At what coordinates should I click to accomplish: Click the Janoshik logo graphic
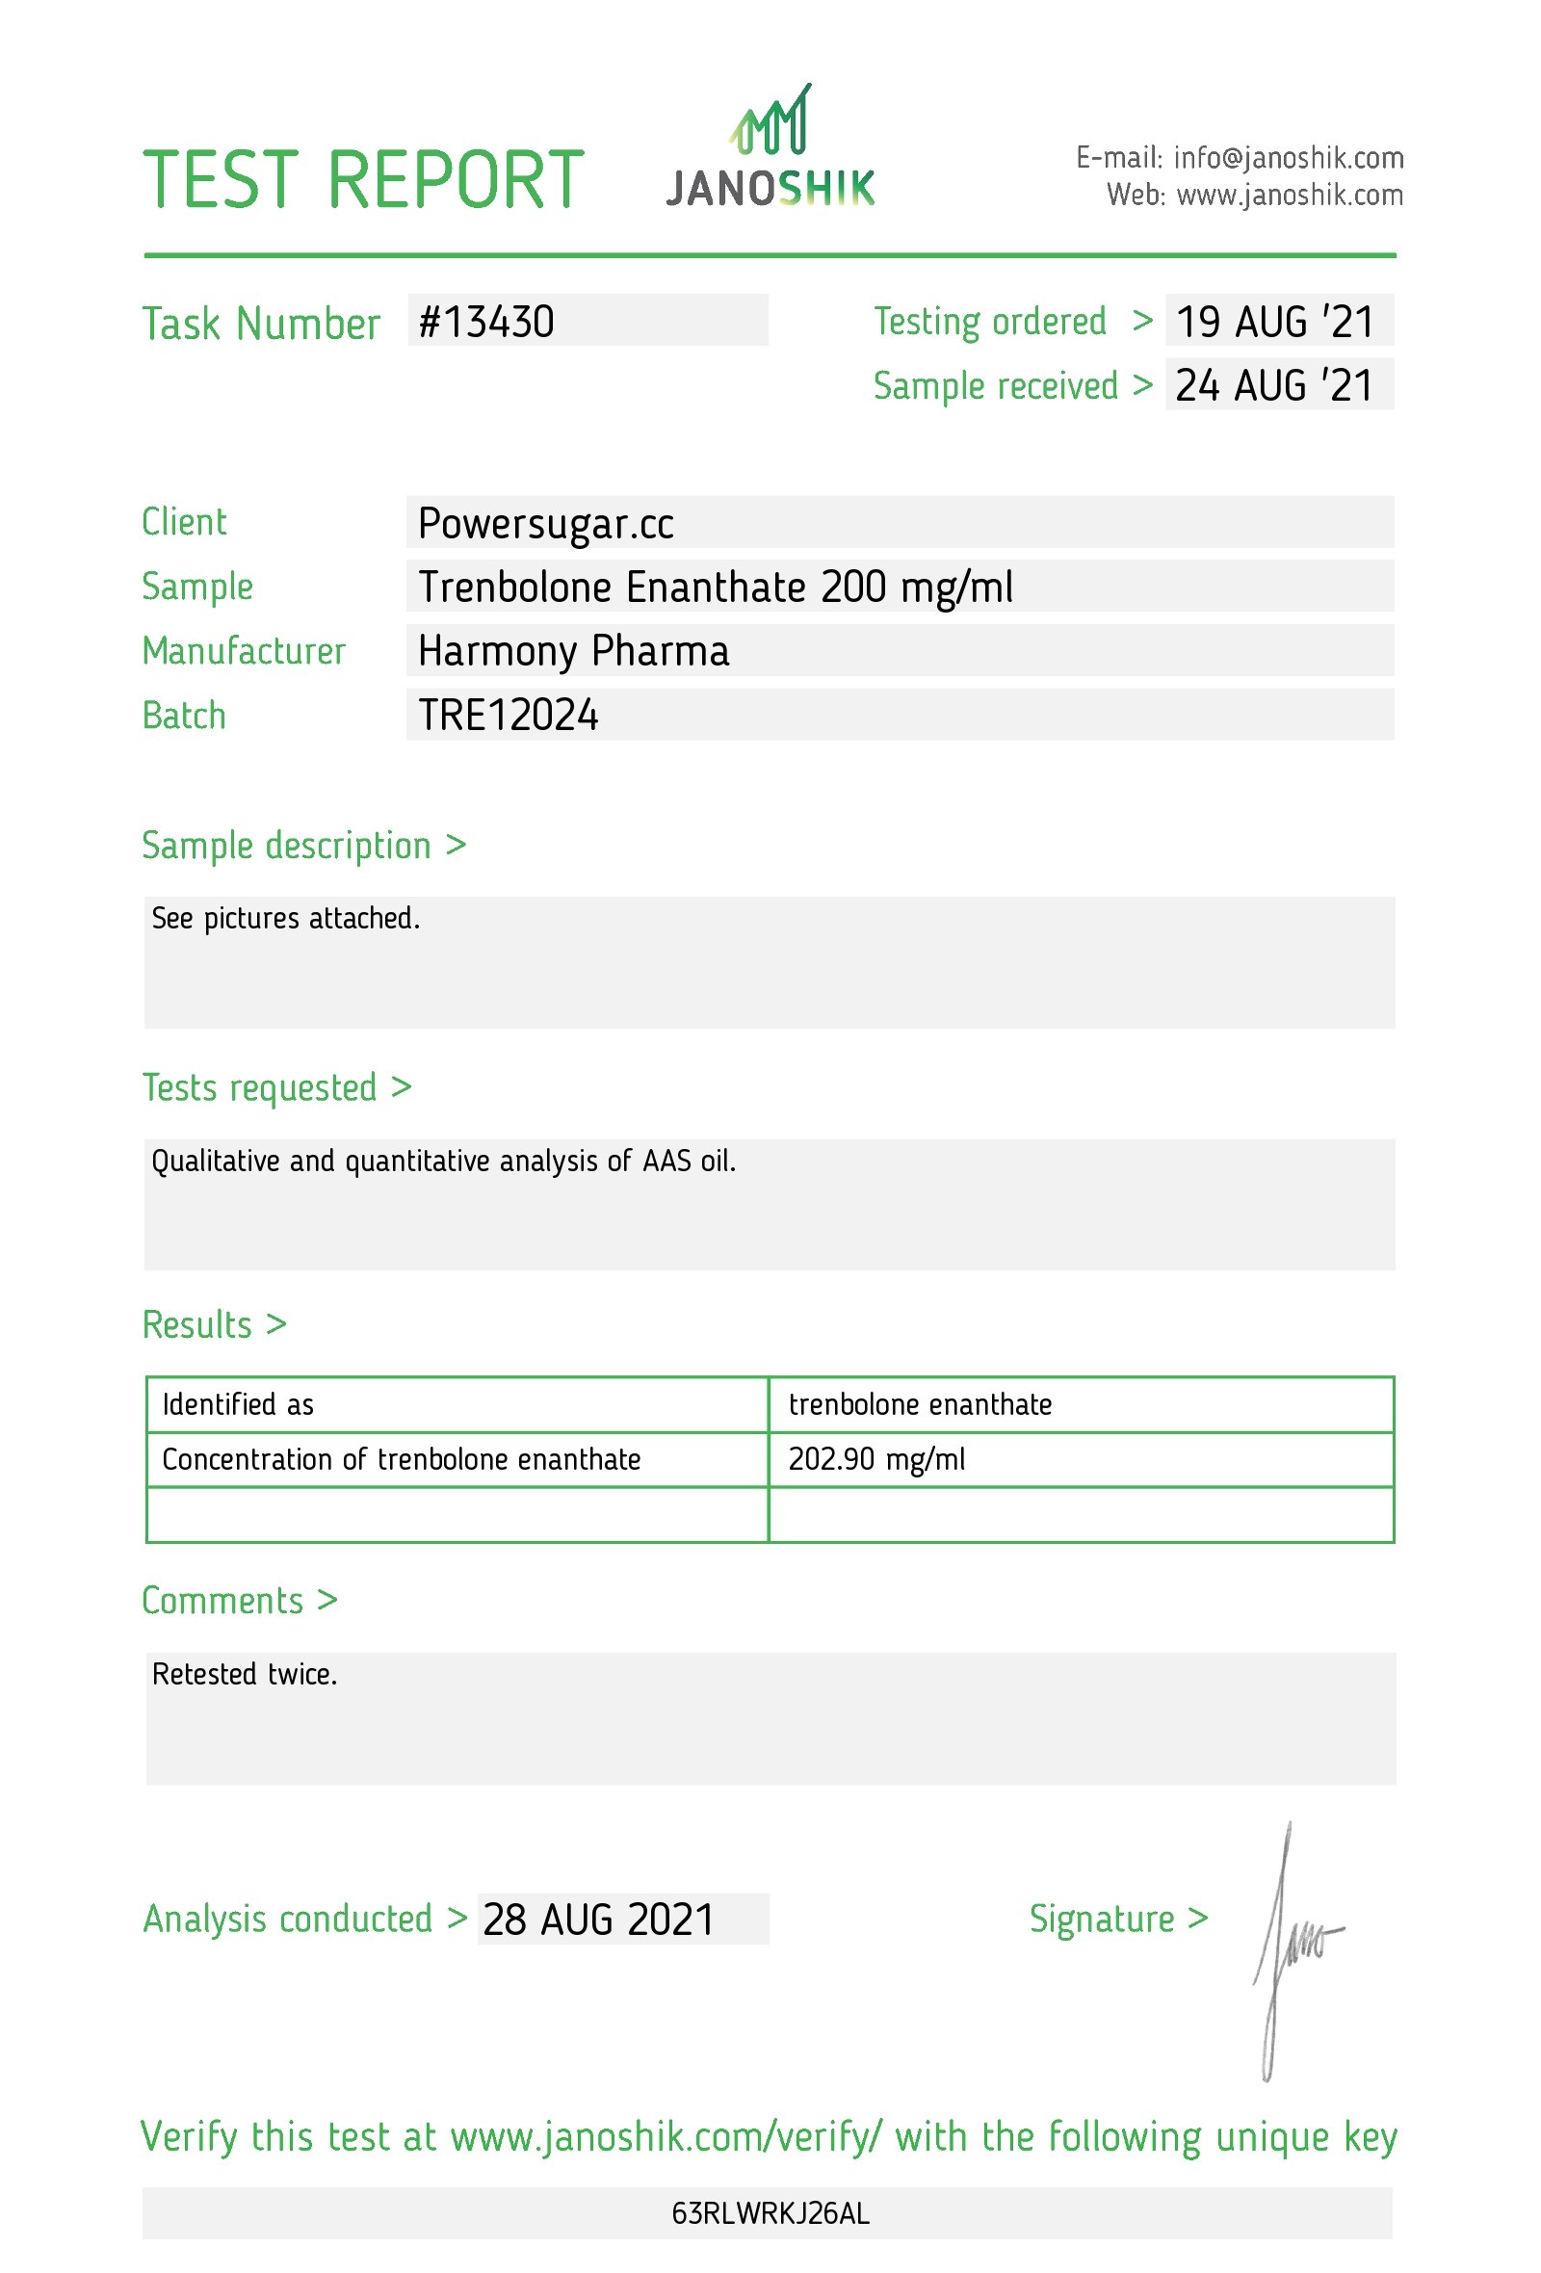(770, 146)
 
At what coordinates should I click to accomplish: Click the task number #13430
(486, 322)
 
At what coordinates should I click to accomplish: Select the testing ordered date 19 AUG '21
(1274, 322)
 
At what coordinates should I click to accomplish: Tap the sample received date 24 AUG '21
(1274, 385)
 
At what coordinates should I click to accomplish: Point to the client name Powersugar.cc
(544, 523)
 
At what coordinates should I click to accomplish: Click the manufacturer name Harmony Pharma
(573, 651)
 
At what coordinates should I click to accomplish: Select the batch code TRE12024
(508, 715)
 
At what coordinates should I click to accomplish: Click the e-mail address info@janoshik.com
(1288, 157)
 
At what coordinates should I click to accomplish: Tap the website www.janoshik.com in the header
(1289, 196)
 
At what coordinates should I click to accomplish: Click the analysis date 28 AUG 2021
(598, 1920)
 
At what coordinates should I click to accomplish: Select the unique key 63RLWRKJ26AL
(770, 2213)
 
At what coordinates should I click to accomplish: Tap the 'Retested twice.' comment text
(245, 1675)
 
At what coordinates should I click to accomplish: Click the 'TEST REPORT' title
(363, 180)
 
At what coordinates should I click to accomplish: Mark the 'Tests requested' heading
(259, 1087)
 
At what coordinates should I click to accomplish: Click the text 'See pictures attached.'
(285, 919)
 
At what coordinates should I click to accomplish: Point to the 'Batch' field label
(184, 716)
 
